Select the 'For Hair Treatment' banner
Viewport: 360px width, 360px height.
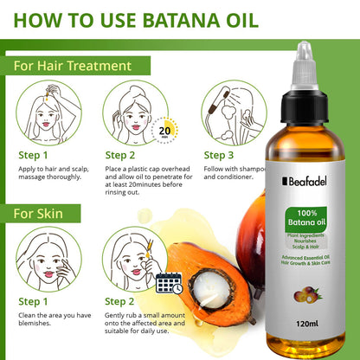pos(73,65)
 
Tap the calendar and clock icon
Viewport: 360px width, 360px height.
pos(169,283)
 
